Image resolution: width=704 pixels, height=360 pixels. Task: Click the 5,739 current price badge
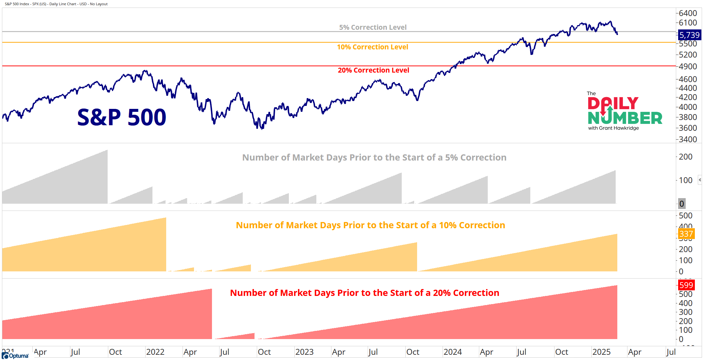click(x=689, y=35)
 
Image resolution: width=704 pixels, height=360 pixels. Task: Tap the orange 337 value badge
click(x=686, y=234)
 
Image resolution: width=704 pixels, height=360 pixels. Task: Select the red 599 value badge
click(x=686, y=285)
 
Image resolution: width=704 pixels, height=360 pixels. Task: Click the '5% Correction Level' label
click(x=373, y=27)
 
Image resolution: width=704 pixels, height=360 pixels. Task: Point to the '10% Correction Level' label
click(x=373, y=47)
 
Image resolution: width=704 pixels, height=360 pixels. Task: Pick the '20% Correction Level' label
click(x=373, y=70)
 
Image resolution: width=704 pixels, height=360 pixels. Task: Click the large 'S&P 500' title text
click(x=122, y=117)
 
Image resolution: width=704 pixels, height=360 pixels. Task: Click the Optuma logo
click(x=15, y=356)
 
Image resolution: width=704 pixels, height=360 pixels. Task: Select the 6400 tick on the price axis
click(x=688, y=13)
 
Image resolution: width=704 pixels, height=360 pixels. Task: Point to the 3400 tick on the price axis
click(x=688, y=139)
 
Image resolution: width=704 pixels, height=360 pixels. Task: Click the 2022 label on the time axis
click(x=155, y=352)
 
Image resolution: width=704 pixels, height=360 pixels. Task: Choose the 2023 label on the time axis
click(x=304, y=352)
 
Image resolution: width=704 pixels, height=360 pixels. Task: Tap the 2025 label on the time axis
click(x=601, y=352)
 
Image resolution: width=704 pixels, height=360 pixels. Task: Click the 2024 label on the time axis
click(x=452, y=352)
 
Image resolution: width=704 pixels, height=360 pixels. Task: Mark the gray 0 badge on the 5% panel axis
click(x=682, y=204)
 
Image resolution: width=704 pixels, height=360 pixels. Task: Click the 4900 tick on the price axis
click(x=688, y=66)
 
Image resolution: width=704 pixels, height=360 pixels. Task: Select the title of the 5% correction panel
click(x=374, y=158)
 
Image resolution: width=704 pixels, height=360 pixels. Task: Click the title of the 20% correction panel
click(x=364, y=293)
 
